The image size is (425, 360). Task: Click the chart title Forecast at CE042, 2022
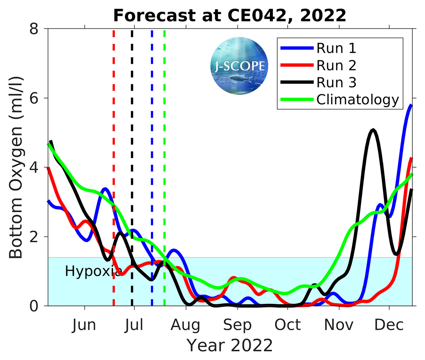click(229, 15)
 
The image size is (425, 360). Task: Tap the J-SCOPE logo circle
click(240, 66)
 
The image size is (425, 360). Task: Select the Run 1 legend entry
click(336, 48)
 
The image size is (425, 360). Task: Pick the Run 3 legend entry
click(336, 82)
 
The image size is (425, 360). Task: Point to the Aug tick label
click(186, 325)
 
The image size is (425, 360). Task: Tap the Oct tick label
click(288, 325)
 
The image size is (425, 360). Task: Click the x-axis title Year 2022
click(229, 345)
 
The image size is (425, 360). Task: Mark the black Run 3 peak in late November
click(373, 130)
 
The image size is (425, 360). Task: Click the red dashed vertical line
click(113, 170)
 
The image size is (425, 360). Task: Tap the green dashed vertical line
click(164, 170)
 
